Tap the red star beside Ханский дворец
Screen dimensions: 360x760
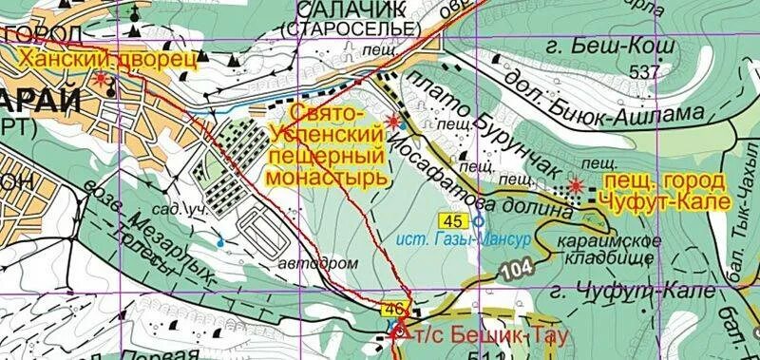coord(101,80)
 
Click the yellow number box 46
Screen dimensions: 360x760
coord(393,309)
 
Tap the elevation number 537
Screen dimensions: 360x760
coord(643,71)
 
